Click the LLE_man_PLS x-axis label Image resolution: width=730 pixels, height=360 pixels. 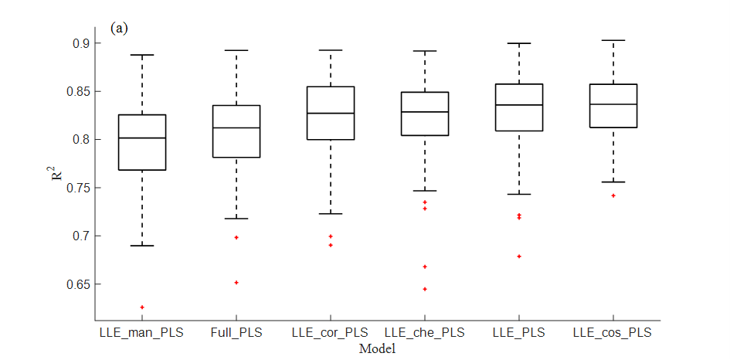tap(142, 333)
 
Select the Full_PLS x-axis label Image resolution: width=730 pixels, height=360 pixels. tap(236, 333)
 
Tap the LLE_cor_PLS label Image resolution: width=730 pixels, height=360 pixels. tap(331, 333)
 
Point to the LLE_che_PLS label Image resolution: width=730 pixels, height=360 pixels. tap(425, 333)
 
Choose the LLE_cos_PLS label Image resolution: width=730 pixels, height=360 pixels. tap(613, 333)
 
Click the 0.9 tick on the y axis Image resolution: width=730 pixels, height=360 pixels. tap(80, 43)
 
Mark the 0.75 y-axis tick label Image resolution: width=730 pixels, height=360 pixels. tap(76, 188)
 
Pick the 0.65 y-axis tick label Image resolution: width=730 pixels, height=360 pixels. tap(76, 284)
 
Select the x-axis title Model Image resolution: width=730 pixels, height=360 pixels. tap(377, 349)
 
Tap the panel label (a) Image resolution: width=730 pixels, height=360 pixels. tap(119, 29)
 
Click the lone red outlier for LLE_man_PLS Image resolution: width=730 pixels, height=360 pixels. tap(142, 307)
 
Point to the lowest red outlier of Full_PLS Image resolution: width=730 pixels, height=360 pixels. tap(236, 283)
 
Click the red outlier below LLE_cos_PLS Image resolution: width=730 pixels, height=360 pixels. tap(613, 195)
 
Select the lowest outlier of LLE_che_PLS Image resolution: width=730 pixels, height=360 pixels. tap(425, 289)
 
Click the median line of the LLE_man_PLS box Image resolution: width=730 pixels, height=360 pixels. tap(142, 138)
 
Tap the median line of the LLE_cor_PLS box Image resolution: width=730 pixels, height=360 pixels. tap(331, 114)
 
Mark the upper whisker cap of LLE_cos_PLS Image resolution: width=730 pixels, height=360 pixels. tap(613, 40)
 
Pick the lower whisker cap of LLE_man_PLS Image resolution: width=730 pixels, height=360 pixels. tap(142, 246)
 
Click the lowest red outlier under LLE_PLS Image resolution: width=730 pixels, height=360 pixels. tap(519, 256)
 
